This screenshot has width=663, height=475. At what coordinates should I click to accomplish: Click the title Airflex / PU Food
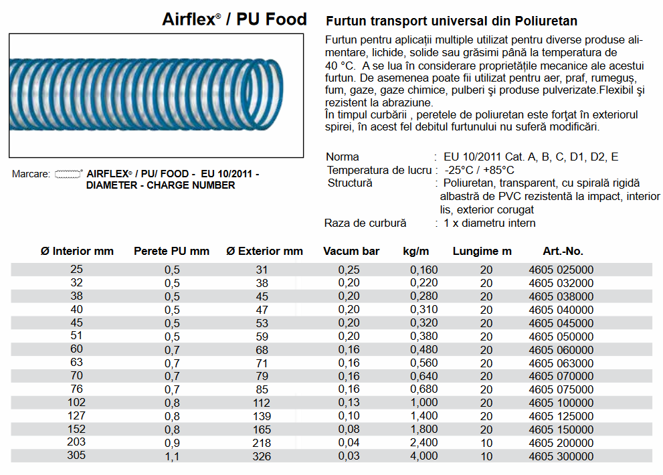tap(234, 19)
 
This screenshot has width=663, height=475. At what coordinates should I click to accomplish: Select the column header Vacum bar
tap(351, 252)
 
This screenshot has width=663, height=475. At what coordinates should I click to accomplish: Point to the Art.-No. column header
tap(563, 252)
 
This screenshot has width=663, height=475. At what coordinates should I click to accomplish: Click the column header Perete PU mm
tap(172, 252)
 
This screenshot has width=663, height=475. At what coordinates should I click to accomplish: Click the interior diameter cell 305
tap(77, 456)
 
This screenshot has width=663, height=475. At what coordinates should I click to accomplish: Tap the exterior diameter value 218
tap(262, 443)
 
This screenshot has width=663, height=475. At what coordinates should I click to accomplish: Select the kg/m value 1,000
tap(424, 403)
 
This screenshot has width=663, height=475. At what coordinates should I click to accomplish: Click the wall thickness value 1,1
tap(172, 456)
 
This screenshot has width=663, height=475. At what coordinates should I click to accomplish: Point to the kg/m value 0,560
tap(424, 363)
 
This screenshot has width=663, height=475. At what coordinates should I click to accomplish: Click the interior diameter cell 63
tap(77, 363)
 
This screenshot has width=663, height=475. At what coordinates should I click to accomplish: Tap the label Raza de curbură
tap(365, 223)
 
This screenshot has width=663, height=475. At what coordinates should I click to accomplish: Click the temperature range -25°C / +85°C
tap(479, 170)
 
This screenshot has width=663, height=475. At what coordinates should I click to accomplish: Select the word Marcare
tap(31, 174)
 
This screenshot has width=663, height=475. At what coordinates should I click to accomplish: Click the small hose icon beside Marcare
tap(68, 174)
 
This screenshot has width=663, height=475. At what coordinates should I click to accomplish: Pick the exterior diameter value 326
tap(262, 456)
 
